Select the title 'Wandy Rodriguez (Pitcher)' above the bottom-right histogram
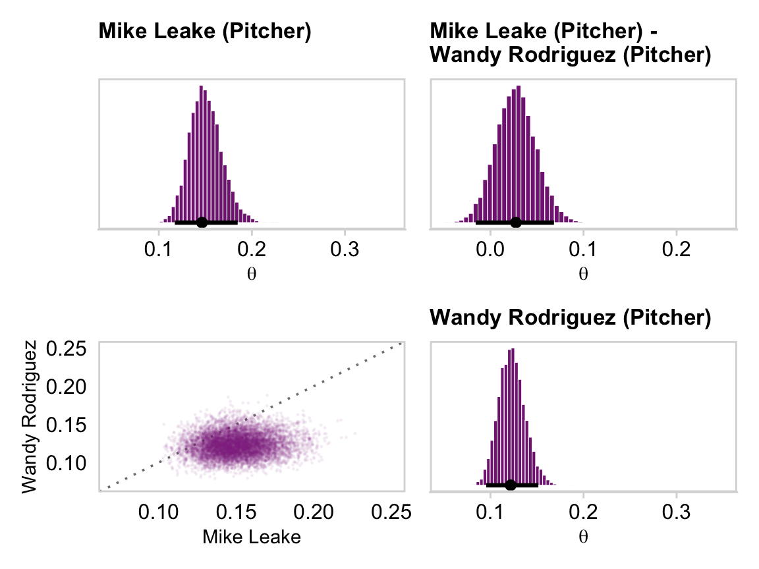coord(570,318)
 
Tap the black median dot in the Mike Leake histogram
coord(202,223)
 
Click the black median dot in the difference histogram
coord(515,223)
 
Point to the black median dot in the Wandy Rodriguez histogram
coord(510,485)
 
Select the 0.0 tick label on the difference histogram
coord(490,251)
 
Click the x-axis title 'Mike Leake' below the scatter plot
coord(252,537)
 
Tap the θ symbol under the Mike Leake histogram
coord(251,273)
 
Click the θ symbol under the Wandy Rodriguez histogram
coord(582,536)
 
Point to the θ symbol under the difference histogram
coord(582,273)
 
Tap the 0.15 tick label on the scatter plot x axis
coord(239,512)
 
